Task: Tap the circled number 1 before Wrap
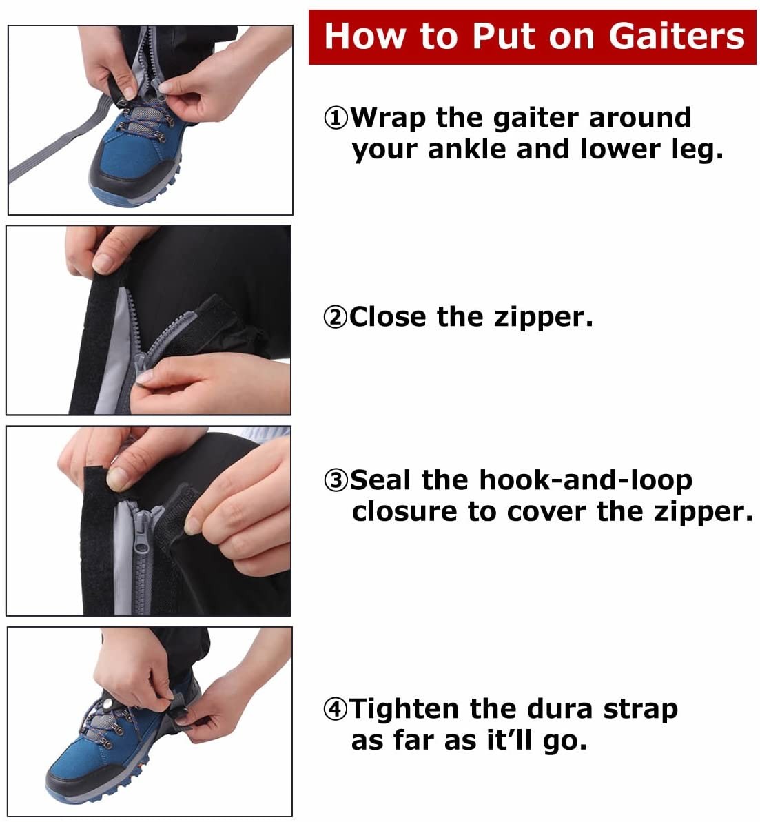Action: tap(336, 119)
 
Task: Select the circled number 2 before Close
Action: tap(335, 318)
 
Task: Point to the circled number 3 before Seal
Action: tap(336, 481)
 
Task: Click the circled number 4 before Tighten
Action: tap(336, 710)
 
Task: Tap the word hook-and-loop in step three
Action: tap(585, 481)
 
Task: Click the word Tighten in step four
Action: tap(406, 710)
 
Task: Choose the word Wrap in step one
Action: tap(388, 119)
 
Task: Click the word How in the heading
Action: tap(359, 36)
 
